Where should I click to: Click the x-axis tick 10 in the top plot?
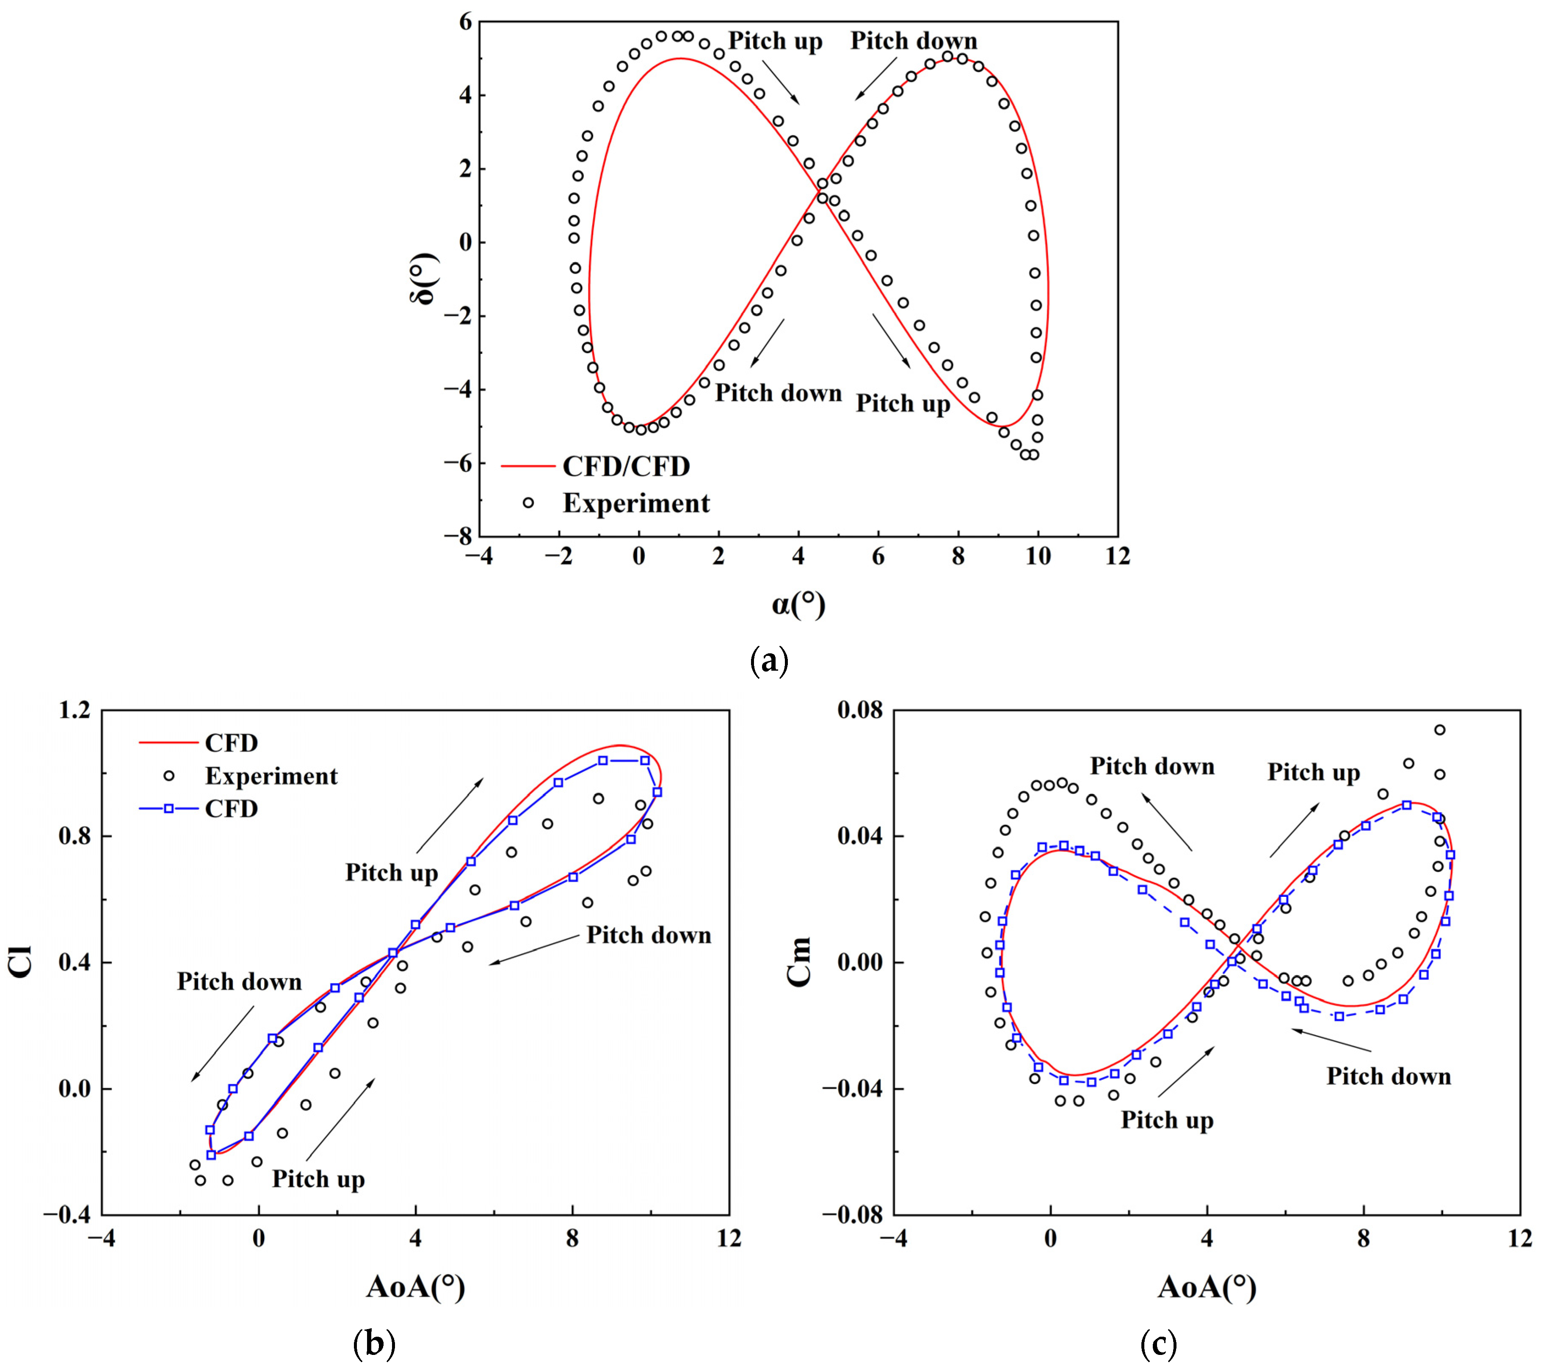coord(1038,556)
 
